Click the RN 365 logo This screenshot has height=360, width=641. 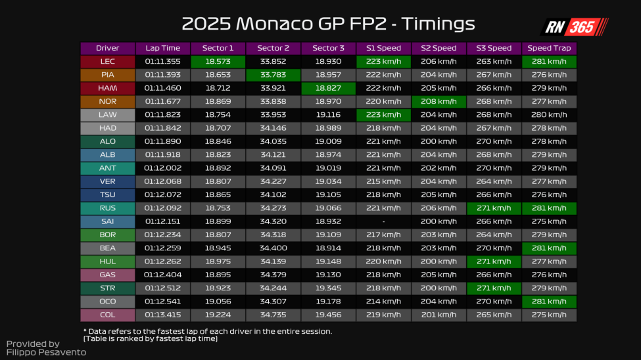(x=573, y=27)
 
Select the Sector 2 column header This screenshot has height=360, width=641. (x=273, y=48)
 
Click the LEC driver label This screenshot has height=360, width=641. (x=107, y=62)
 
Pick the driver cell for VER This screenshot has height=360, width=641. (x=107, y=181)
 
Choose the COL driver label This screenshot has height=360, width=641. (x=107, y=315)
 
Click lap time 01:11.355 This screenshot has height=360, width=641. (x=162, y=62)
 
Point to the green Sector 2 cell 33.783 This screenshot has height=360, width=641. (x=273, y=75)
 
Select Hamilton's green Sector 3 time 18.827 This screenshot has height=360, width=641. (x=328, y=88)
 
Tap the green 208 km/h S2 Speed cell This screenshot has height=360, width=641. (x=439, y=101)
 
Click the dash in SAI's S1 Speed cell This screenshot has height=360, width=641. (x=383, y=221)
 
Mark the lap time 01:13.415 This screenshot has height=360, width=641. (x=162, y=315)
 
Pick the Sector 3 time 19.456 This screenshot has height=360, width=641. (x=328, y=315)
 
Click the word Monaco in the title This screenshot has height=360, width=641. (x=273, y=24)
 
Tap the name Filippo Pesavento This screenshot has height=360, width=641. (x=46, y=353)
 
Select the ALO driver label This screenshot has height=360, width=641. (x=107, y=141)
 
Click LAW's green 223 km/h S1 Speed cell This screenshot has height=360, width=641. (x=383, y=115)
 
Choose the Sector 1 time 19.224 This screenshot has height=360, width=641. (x=218, y=315)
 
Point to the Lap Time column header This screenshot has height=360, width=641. (x=162, y=48)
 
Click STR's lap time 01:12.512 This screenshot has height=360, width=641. (x=162, y=288)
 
